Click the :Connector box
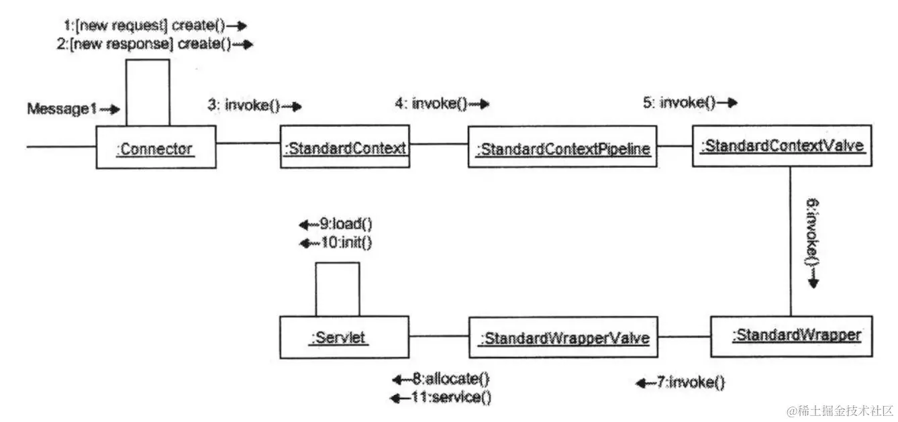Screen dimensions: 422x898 (156, 148)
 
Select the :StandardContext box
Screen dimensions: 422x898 (344, 147)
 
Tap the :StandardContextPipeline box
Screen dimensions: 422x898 (562, 148)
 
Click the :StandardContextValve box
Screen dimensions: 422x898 (782, 145)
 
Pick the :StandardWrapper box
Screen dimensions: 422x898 (791, 335)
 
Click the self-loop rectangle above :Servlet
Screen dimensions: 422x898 (338, 288)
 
